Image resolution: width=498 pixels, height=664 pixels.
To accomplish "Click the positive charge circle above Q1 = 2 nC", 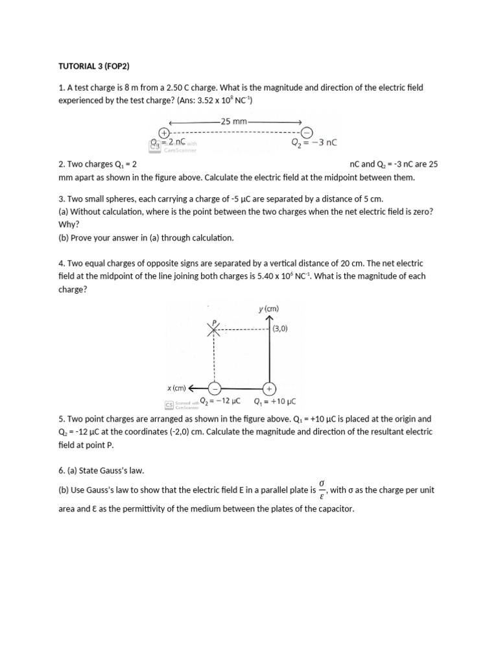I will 155,133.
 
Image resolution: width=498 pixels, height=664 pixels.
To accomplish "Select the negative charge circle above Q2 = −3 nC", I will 307,132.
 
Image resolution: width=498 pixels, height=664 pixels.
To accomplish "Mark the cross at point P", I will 214,329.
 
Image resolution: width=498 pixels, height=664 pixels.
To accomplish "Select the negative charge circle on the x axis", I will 214,388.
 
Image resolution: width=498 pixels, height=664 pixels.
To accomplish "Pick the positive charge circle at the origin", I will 270,388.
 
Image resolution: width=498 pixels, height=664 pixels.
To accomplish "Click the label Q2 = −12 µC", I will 220,401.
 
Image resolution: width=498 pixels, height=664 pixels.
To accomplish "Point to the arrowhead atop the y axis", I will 270,318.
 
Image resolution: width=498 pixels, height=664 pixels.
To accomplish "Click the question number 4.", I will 60,263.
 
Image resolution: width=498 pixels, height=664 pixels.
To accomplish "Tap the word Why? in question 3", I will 69,224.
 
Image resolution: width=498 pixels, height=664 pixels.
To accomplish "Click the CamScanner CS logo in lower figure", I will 169,403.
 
